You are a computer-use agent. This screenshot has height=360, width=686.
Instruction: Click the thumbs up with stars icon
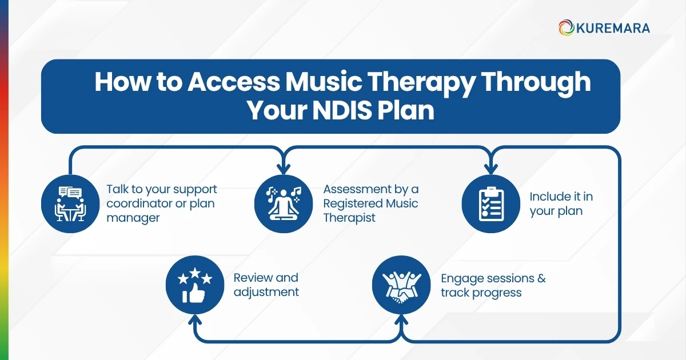click(194, 284)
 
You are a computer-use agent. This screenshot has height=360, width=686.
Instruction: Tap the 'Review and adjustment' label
click(266, 285)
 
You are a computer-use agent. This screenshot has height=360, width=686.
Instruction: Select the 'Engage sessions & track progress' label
click(493, 285)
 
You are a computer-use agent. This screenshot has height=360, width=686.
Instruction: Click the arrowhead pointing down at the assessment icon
click(281, 169)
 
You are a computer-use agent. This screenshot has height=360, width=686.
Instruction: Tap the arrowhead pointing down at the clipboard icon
click(490, 169)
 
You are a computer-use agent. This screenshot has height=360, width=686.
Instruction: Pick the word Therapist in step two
click(349, 218)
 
